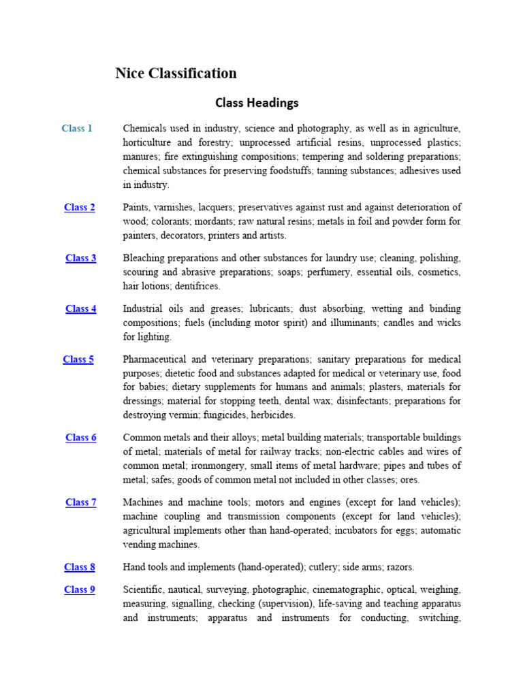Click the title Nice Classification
point(176,74)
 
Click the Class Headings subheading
point(257,103)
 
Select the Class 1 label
point(77,128)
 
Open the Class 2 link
point(80,208)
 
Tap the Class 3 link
point(80,258)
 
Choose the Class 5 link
point(78,359)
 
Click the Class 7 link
point(80,502)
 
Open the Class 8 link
point(80,567)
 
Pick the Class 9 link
point(80,589)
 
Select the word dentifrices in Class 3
point(197,287)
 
